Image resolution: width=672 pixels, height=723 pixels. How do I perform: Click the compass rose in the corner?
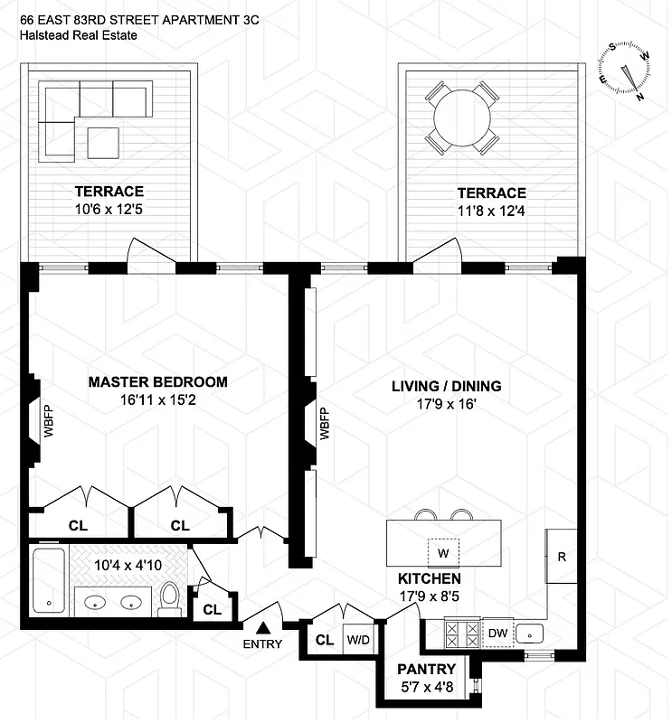[626, 69]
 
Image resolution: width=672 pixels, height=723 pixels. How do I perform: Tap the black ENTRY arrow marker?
[263, 626]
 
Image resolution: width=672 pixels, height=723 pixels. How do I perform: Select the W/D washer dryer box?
[358, 640]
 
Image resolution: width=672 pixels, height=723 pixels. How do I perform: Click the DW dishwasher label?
[498, 634]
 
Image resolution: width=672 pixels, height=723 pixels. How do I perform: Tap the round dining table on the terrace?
[461, 117]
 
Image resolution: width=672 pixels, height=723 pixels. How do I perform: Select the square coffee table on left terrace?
[103, 142]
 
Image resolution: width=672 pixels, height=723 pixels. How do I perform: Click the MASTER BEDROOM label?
[157, 382]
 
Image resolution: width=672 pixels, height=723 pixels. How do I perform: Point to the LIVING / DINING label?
[446, 386]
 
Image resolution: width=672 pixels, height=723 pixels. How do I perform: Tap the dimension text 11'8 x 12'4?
[491, 212]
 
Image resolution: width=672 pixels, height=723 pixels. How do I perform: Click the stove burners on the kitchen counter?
[462, 634]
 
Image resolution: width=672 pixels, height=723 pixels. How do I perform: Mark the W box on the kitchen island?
[443, 552]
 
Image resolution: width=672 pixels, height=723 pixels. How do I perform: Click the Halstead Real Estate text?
[79, 36]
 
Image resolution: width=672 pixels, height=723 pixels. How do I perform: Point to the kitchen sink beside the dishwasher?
[533, 634]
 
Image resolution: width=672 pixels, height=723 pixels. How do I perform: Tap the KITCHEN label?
[430, 578]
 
